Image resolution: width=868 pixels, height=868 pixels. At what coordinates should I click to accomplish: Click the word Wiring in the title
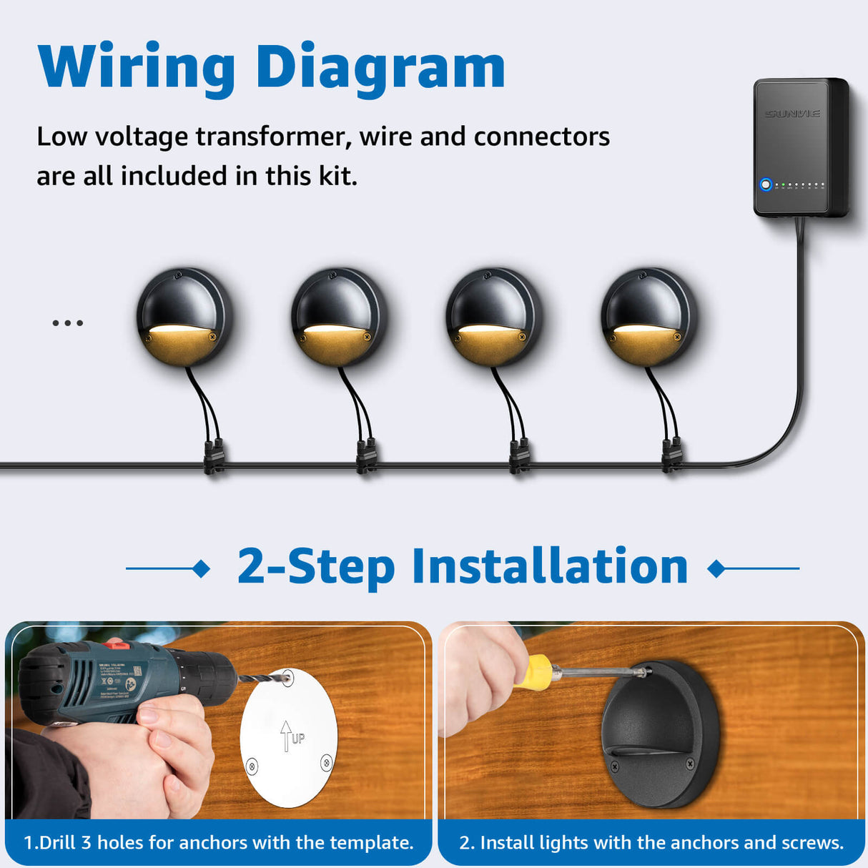pos(136,68)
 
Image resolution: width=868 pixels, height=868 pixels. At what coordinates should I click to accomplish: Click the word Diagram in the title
pos(380,68)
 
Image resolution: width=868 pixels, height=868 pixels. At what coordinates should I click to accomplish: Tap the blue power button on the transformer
pos(766,184)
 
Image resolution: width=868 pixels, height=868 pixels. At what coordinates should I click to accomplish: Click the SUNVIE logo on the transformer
pos(792,114)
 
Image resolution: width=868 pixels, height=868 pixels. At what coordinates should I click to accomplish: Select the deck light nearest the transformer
pos(648,317)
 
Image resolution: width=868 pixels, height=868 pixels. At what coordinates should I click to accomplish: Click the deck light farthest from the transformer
pos(184,317)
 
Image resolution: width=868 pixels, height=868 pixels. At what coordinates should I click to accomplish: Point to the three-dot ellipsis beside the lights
pos(68,323)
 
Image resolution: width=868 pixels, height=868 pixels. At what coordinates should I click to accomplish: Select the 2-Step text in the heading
pos(316,567)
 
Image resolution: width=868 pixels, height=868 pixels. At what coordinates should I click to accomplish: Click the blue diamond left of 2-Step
pos(202,569)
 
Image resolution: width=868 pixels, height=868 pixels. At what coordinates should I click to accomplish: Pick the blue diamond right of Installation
pos(716,569)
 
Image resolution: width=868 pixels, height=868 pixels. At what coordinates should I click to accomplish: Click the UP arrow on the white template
pos(287,735)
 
